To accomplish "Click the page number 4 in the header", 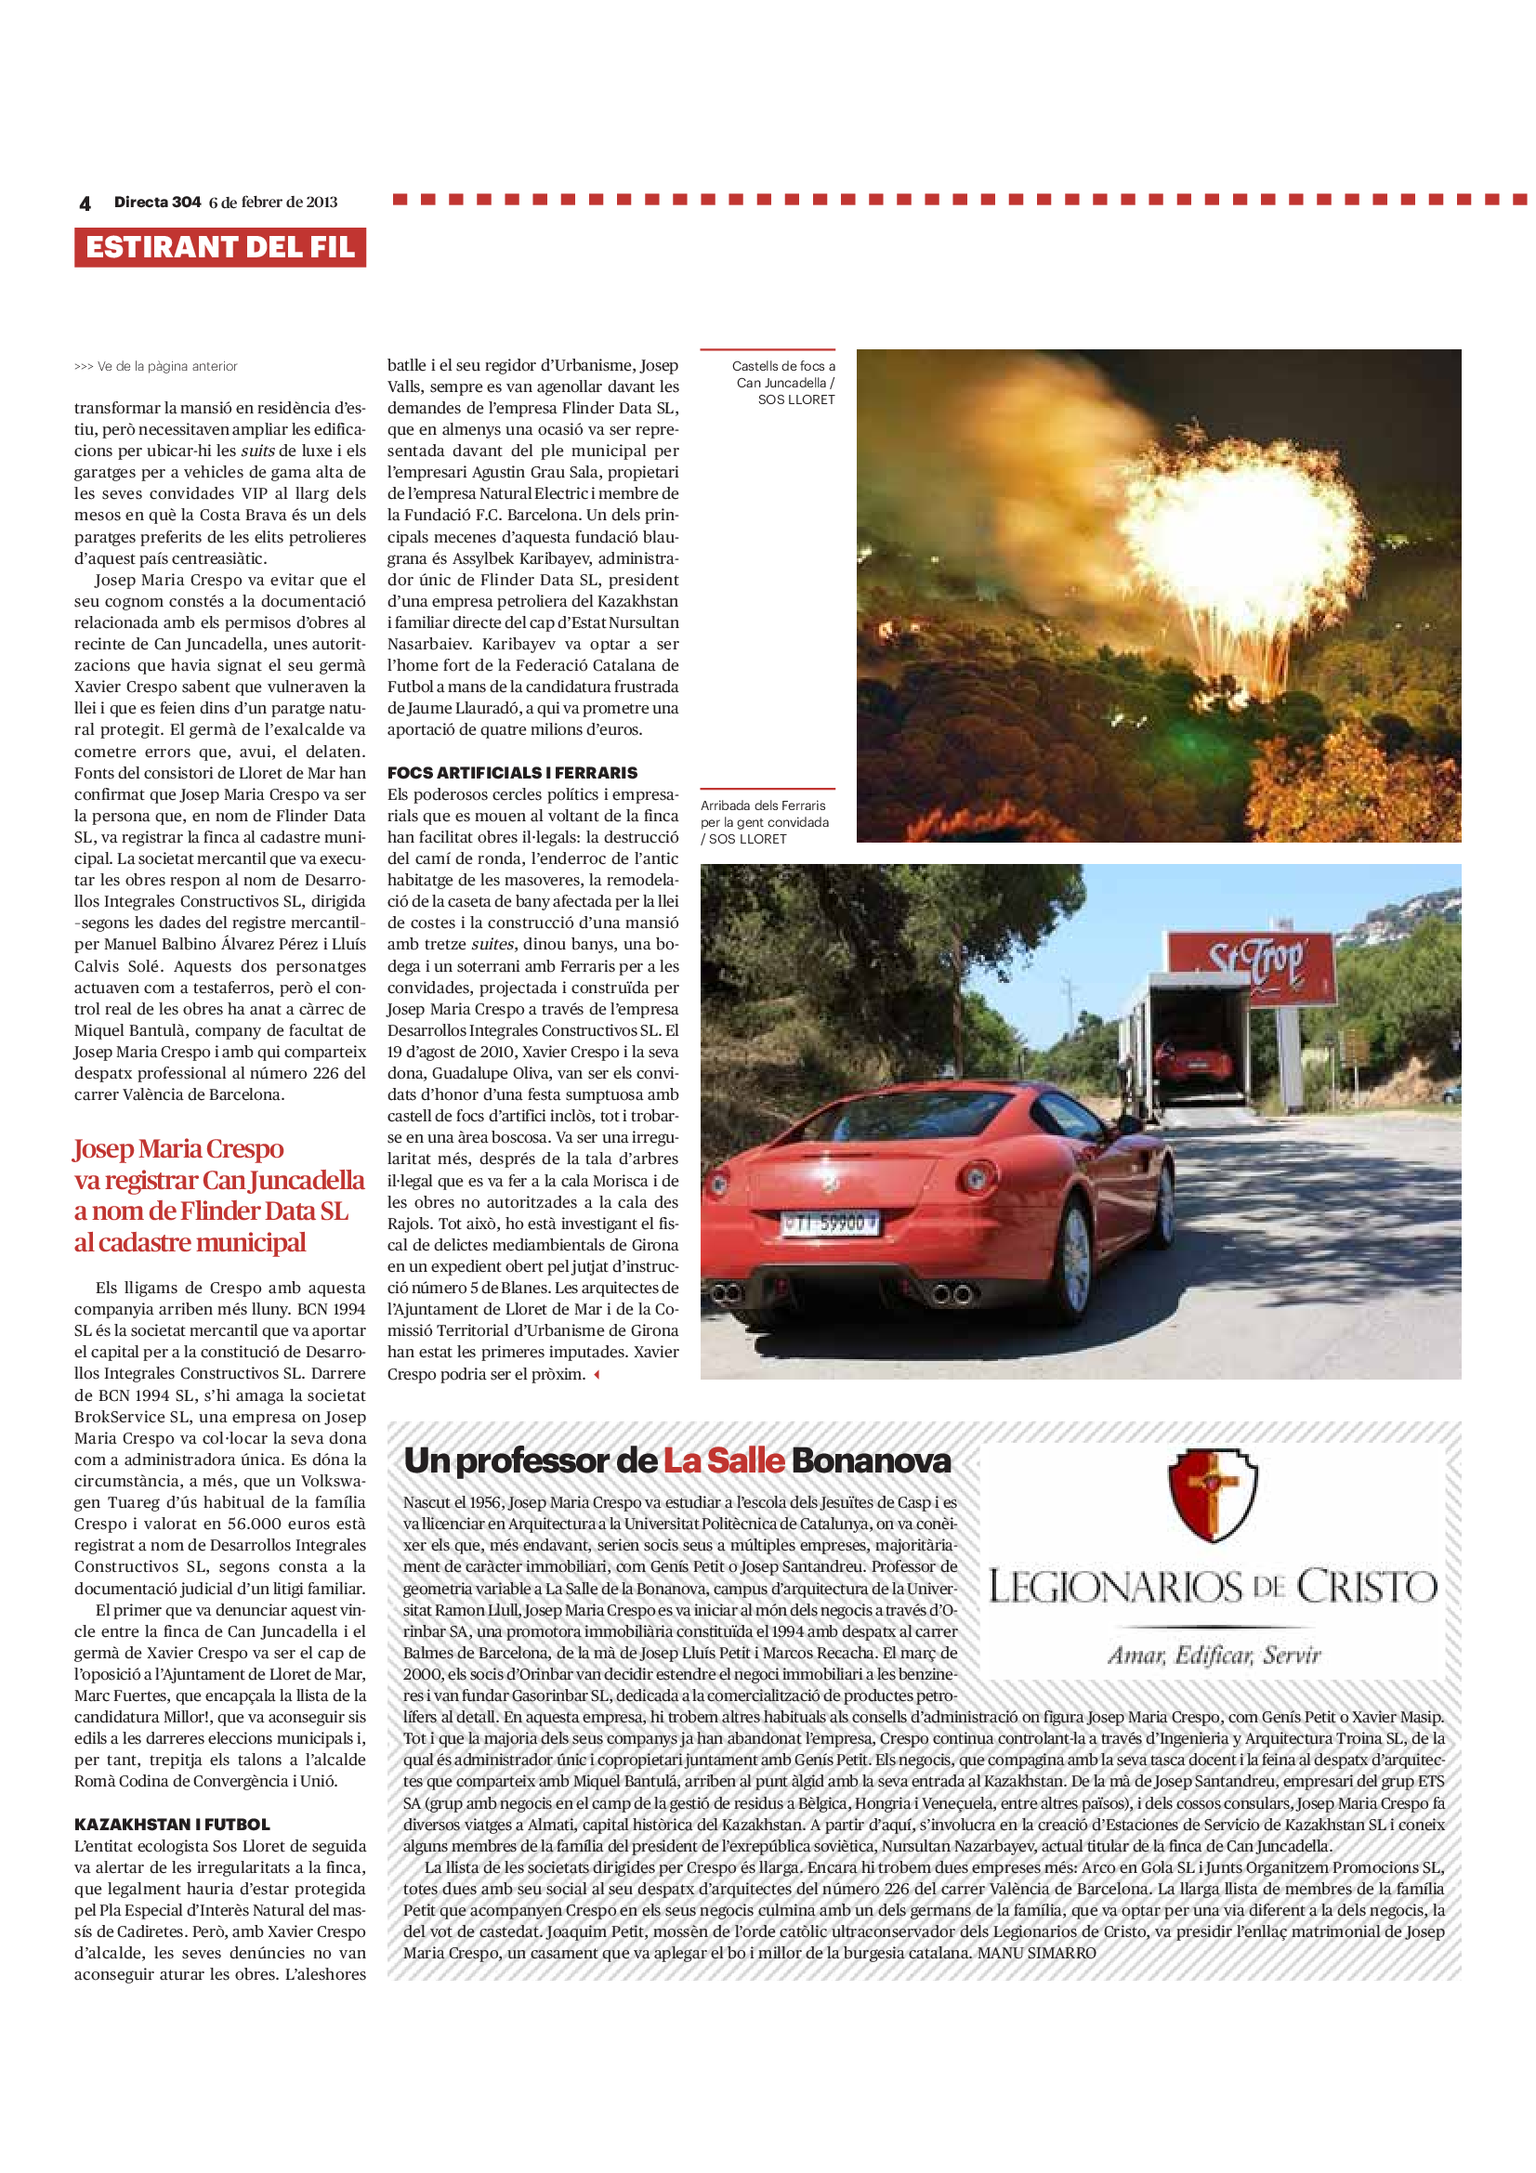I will [85, 203].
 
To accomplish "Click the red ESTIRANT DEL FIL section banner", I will [219, 247].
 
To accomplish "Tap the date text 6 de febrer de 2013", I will [272, 203].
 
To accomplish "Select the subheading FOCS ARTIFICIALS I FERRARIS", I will [512, 772].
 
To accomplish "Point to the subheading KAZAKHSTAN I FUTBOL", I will [172, 1824].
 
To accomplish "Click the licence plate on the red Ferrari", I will [830, 1224].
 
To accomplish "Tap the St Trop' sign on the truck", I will [1256, 963].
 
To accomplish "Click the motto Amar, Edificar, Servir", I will [1214, 1655].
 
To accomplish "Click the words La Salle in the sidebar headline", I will [724, 1460].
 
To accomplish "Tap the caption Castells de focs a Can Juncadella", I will [783, 383].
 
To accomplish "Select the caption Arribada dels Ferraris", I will [765, 821].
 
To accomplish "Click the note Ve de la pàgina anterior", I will [156, 366].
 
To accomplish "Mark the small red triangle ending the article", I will [597, 1374].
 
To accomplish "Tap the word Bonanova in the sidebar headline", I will [871, 1460].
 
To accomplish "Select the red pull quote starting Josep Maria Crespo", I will [218, 1195].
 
